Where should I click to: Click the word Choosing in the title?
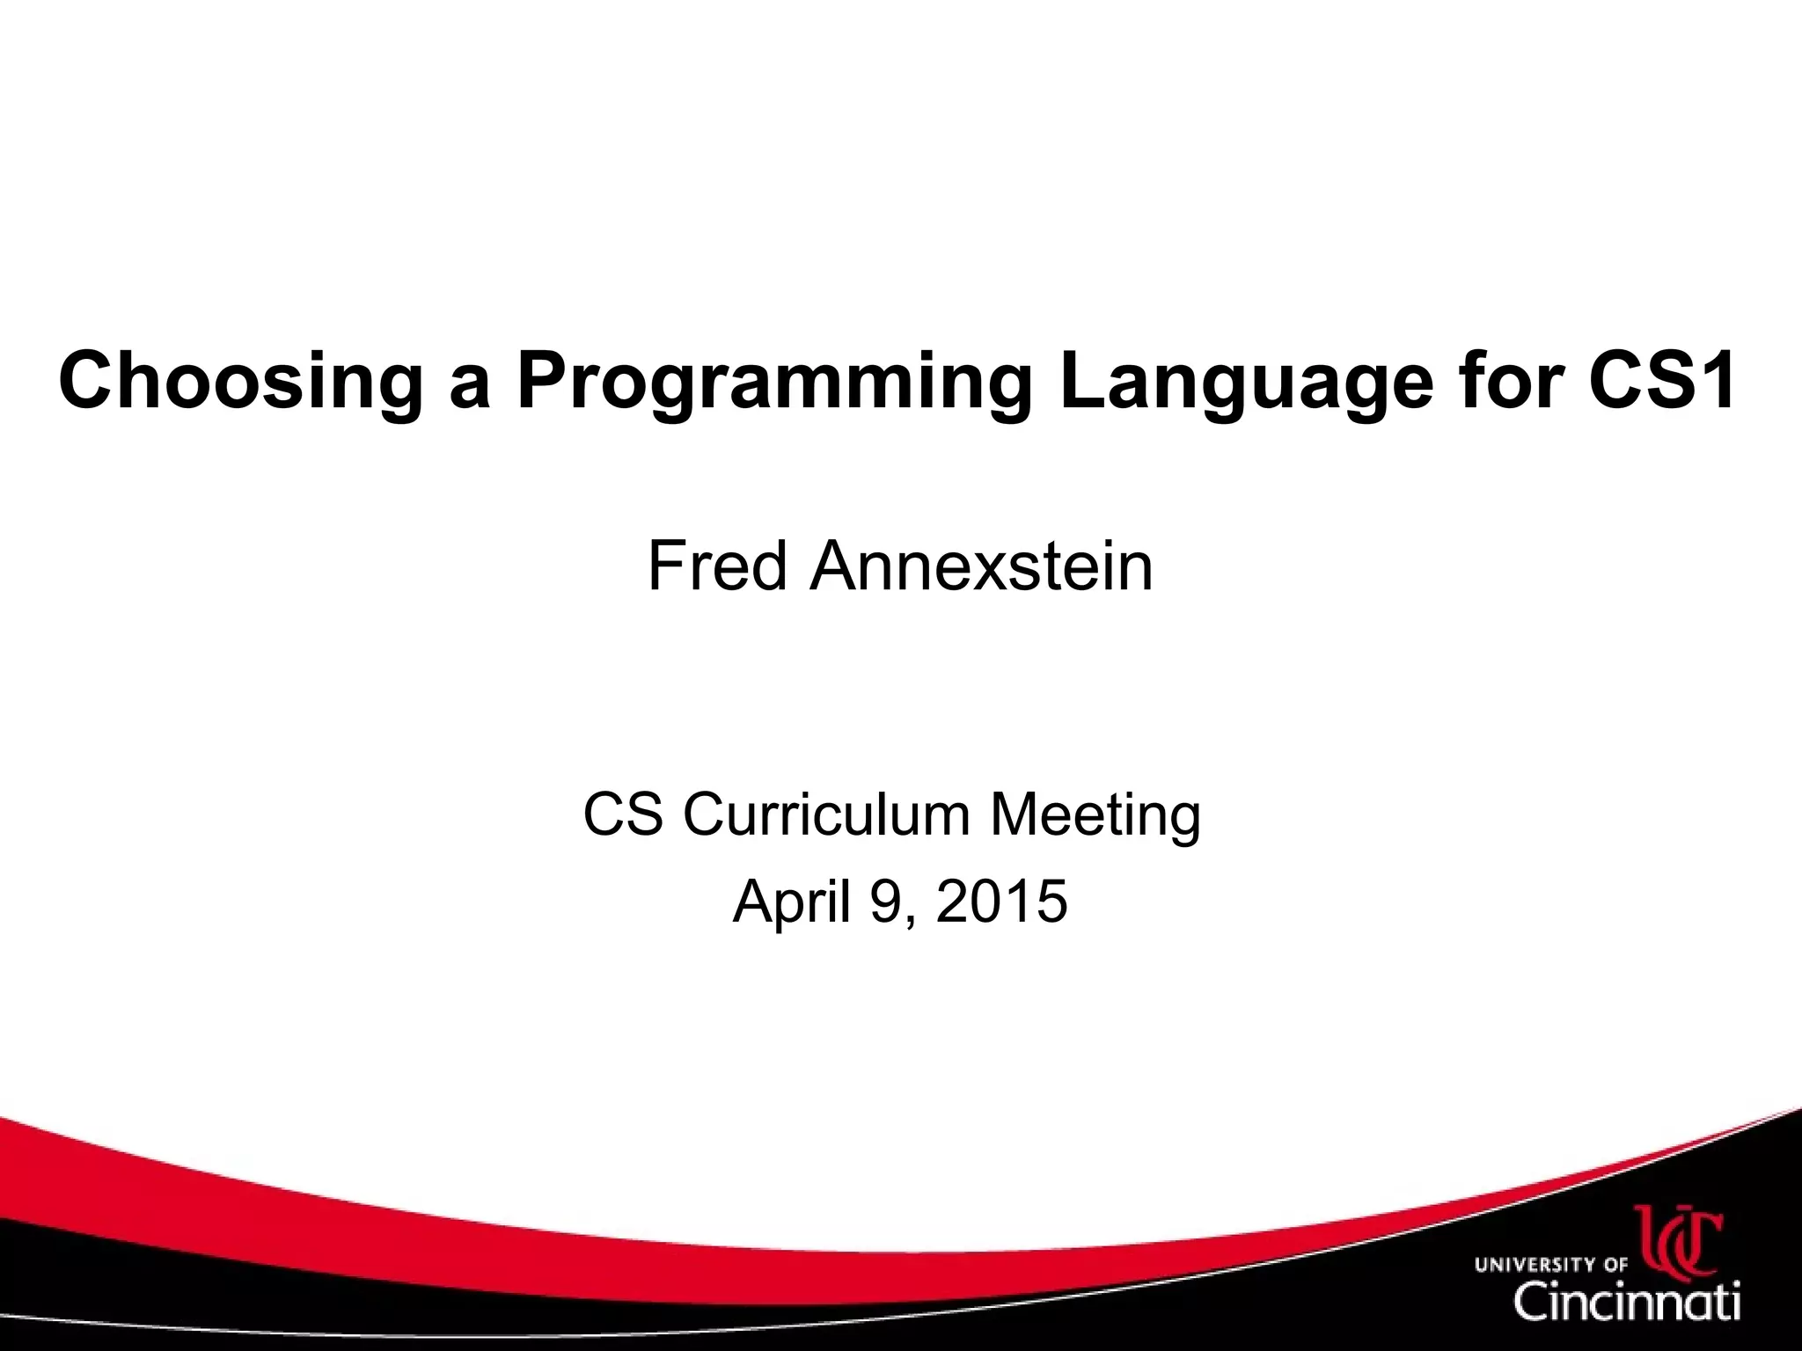click(x=238, y=381)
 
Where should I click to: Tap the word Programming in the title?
click(x=772, y=381)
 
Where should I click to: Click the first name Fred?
click(x=717, y=566)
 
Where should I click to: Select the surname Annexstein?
click(x=981, y=566)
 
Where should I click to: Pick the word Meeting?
click(x=1095, y=815)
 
